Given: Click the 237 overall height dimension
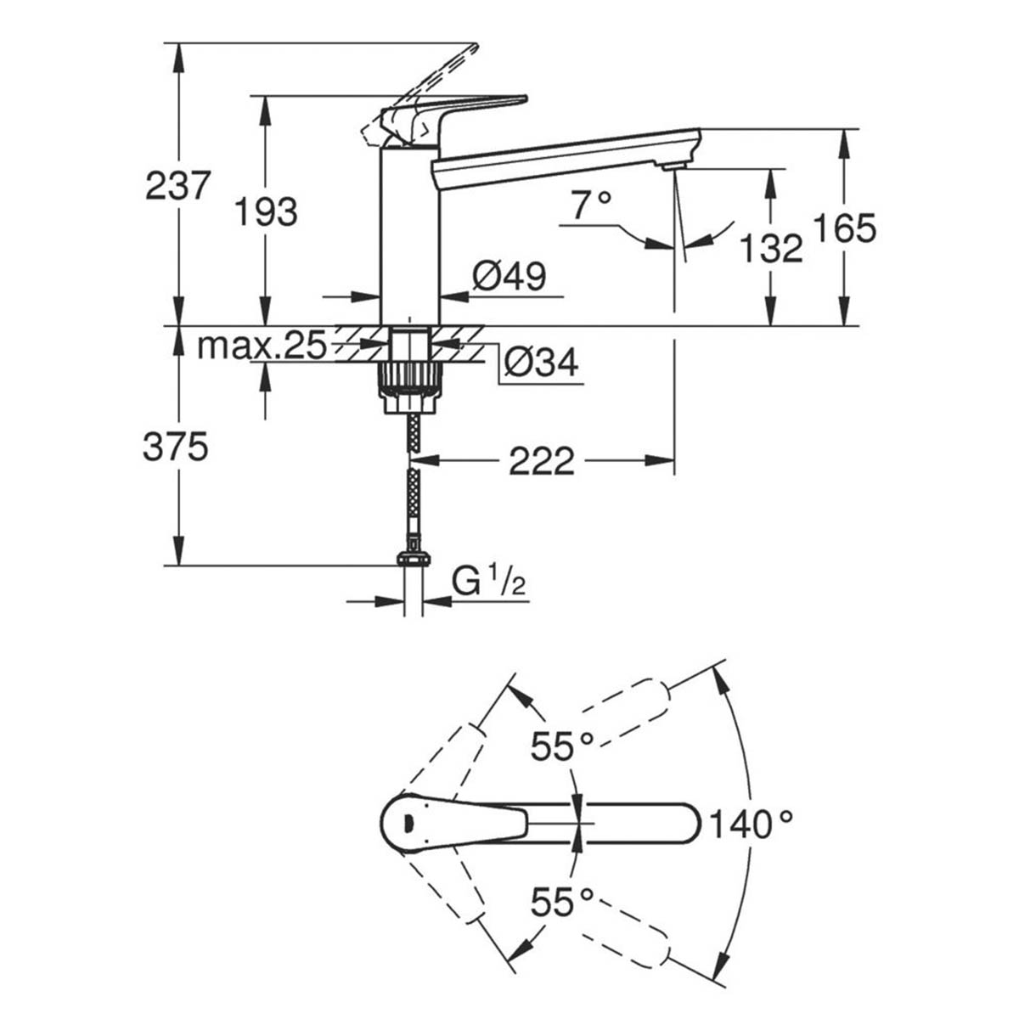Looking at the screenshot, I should pyautogui.click(x=177, y=185).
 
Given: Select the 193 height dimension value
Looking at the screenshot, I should pyautogui.click(x=266, y=211).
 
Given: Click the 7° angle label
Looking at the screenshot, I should pyautogui.click(x=591, y=206).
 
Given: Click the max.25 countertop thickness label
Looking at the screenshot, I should pyautogui.click(x=262, y=346).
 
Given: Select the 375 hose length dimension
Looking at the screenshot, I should pyautogui.click(x=176, y=446).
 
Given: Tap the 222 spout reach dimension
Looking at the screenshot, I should pyautogui.click(x=542, y=462).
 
